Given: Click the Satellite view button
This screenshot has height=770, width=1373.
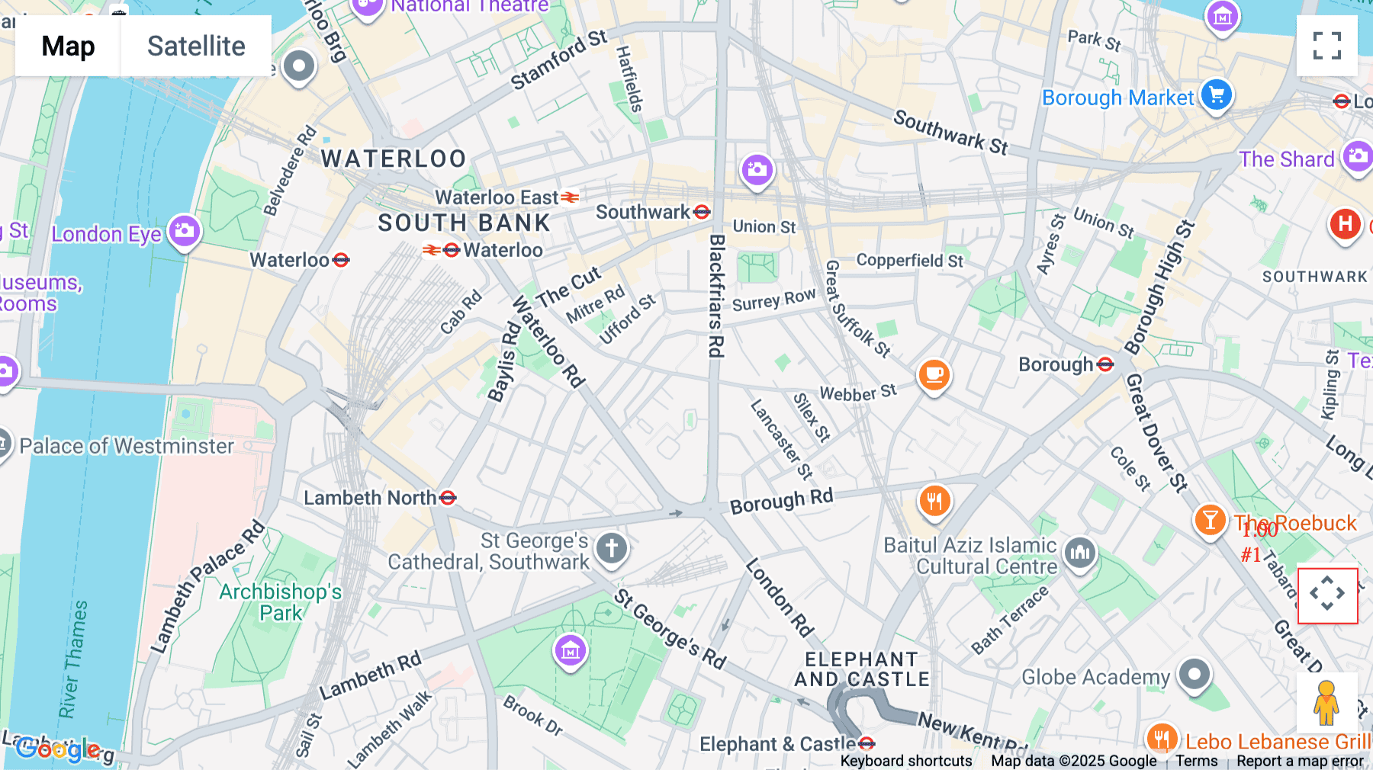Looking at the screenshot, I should pos(196,46).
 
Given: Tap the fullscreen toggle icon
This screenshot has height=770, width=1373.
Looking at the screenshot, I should pos(1326,46).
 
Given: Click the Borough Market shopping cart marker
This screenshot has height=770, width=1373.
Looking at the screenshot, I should pos(1216,95).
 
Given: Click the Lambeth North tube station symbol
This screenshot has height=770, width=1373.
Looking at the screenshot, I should pos(448,498).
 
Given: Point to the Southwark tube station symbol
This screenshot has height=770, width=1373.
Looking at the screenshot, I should pos(702,212).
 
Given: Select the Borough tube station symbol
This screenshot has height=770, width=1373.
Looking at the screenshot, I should pos(1105,364).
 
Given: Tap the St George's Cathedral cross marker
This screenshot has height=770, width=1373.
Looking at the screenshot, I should pos(611,547).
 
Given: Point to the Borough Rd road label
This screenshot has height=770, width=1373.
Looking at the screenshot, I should pos(781,501).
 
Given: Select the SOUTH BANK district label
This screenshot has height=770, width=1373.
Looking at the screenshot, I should pos(464,223).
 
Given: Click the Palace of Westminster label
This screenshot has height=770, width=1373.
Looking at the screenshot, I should pos(127,446).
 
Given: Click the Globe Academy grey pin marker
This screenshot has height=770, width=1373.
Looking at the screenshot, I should pos(1194,674).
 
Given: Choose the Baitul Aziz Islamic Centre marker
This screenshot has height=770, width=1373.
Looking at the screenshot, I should pos(1079,552).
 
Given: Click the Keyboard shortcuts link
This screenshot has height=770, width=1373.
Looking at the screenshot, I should pos(905,761).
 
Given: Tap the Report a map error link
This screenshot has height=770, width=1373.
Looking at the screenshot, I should pos(1299,761).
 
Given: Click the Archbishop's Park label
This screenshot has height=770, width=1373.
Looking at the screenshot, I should pos(281,602).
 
